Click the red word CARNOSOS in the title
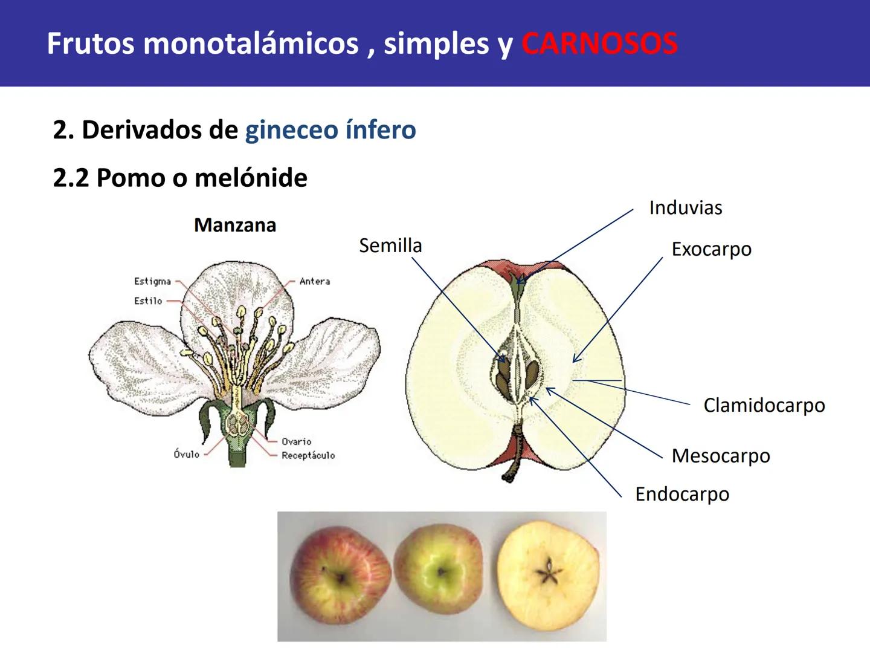pyautogui.click(x=599, y=44)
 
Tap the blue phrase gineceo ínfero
pyautogui.click(x=330, y=129)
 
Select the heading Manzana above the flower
pyautogui.click(x=235, y=225)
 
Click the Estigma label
pyautogui.click(x=152, y=281)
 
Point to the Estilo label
pyautogui.click(x=148, y=301)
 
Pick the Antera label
pyautogui.click(x=315, y=281)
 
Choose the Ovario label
pyautogui.click(x=296, y=441)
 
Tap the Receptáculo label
pyautogui.click(x=308, y=455)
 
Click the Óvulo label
pyautogui.click(x=186, y=454)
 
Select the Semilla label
pyautogui.click(x=390, y=245)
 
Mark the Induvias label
pyautogui.click(x=686, y=208)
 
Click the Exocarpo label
pyautogui.click(x=711, y=249)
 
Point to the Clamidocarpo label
pyautogui.click(x=764, y=405)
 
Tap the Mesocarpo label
pyautogui.click(x=720, y=455)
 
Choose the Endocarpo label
pyautogui.click(x=681, y=494)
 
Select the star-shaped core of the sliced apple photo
pyautogui.click(x=549, y=573)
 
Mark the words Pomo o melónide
pyautogui.click(x=202, y=178)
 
